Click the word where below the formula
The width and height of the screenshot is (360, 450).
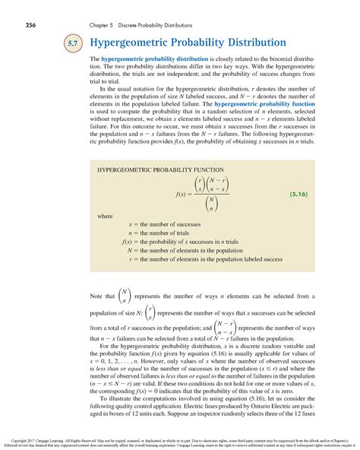(x=103, y=217)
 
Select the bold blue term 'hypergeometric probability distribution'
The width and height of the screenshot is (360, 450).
(x=155, y=59)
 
